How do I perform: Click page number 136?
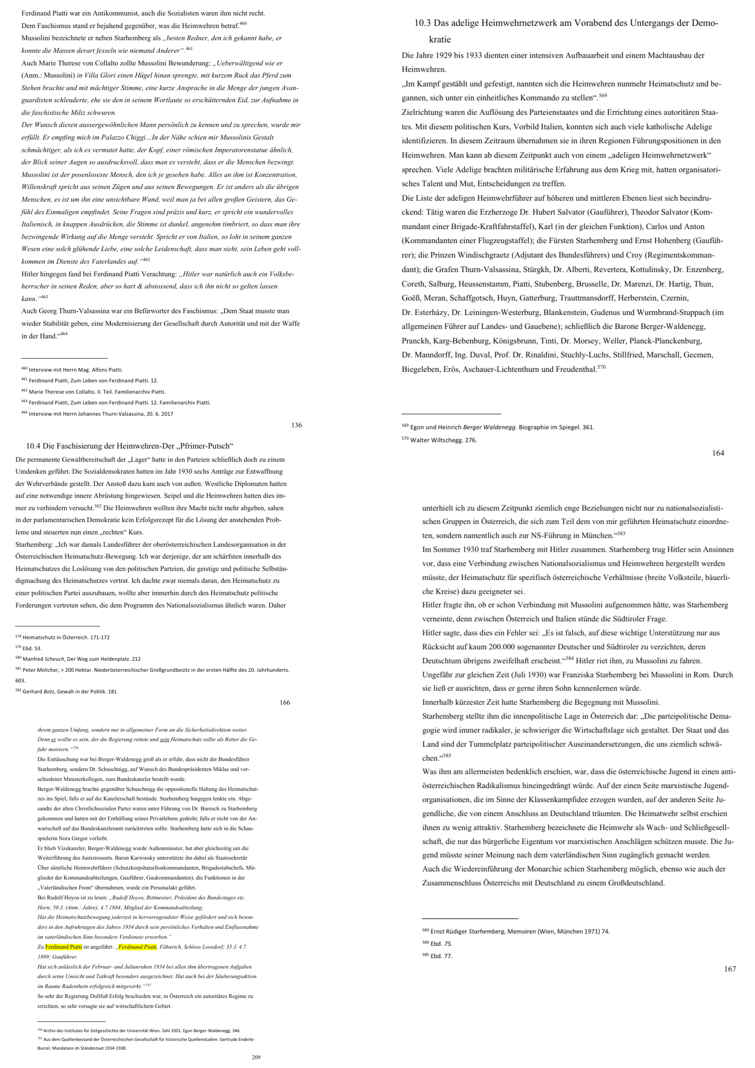point(296,425)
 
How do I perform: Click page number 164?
point(718,453)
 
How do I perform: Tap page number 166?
point(285,702)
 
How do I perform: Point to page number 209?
point(256,1057)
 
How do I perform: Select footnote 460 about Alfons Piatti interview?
point(72,370)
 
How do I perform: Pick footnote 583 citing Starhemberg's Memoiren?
point(516,931)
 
